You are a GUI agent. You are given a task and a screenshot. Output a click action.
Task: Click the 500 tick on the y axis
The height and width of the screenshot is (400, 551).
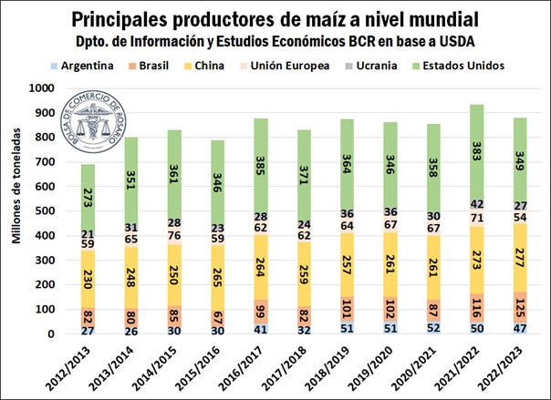click(44, 210)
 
